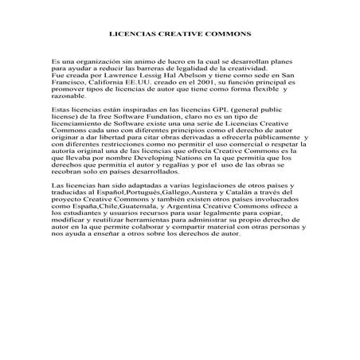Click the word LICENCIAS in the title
[130, 34]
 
